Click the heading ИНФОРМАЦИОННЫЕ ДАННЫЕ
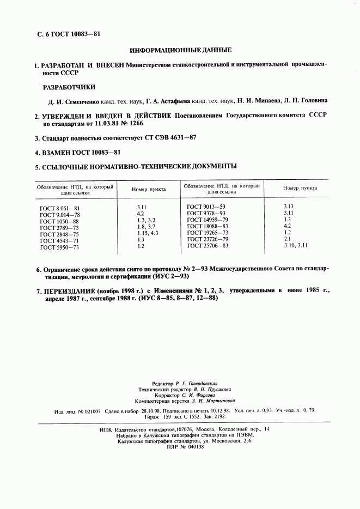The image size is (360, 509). point(181,50)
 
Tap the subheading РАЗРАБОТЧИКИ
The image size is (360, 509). point(69,87)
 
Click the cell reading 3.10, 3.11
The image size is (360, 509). point(296,246)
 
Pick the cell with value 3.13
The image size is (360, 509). point(289,206)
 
